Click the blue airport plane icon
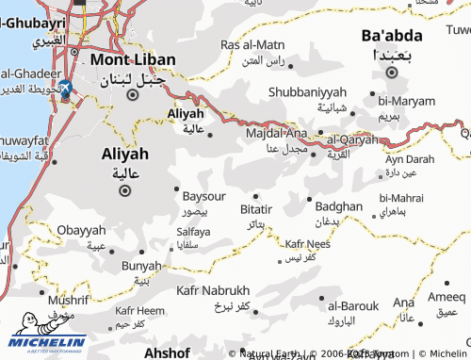click(x=65, y=90)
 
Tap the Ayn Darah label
click(x=410, y=159)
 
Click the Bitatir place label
click(x=256, y=208)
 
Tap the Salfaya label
click(x=193, y=231)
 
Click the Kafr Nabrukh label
click(x=213, y=290)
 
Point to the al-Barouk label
click(x=353, y=305)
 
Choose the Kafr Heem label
click(x=138, y=310)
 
